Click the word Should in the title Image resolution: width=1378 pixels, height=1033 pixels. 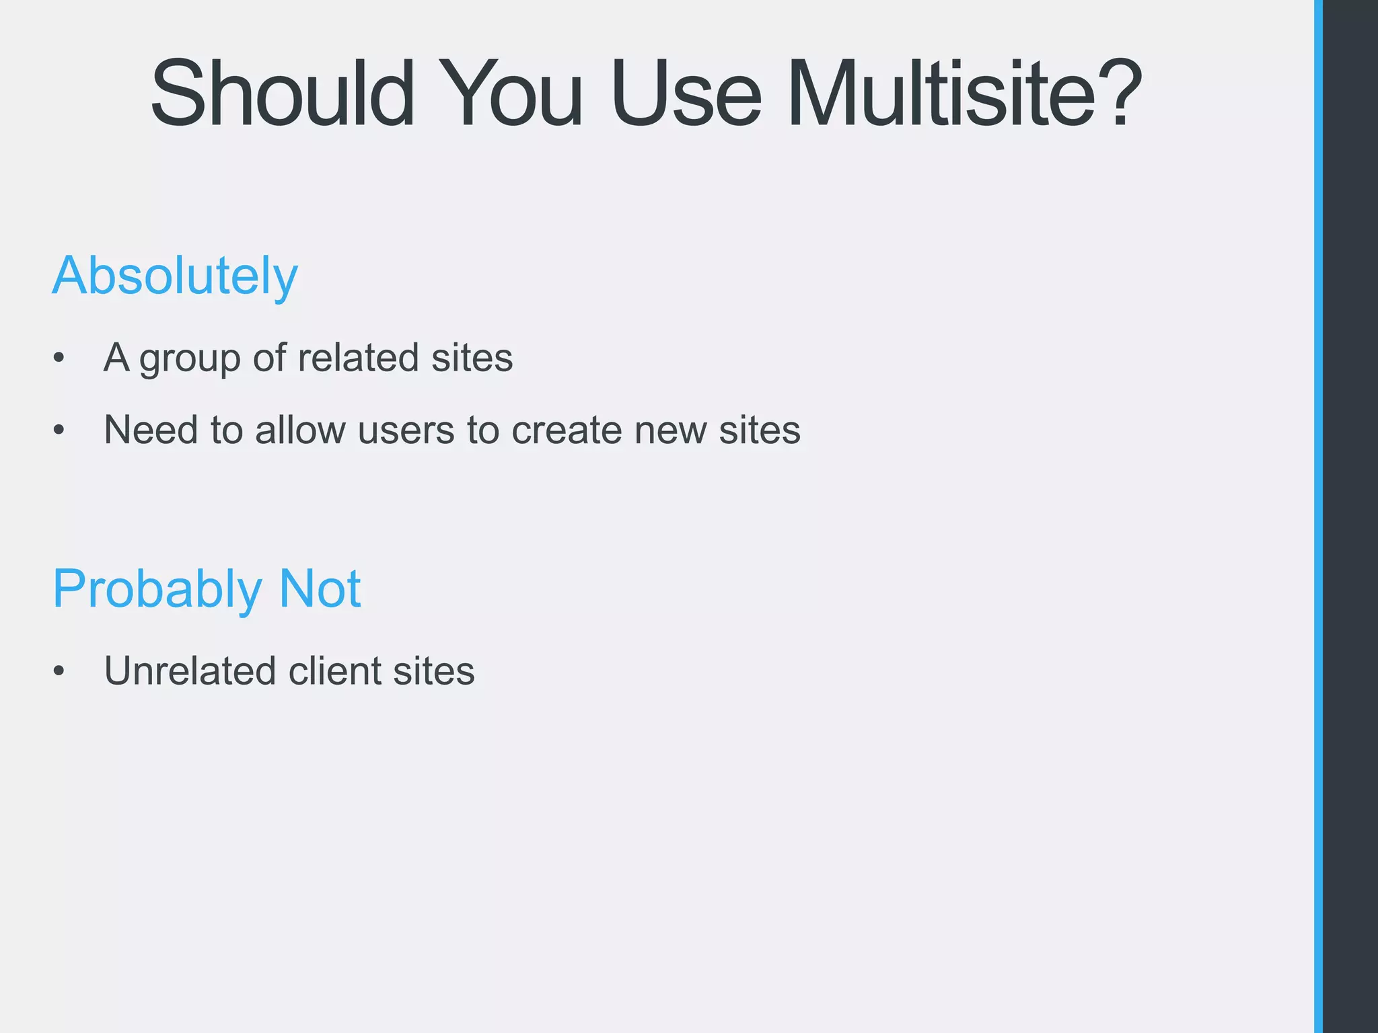[283, 94]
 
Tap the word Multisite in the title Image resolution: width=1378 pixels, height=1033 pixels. [942, 94]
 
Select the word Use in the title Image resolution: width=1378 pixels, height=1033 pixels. [686, 94]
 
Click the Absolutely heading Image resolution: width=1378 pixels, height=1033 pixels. [175, 276]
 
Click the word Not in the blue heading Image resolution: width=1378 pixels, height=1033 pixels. [320, 588]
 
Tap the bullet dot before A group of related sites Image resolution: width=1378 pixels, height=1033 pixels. [59, 358]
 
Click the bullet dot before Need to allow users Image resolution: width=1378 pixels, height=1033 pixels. [59, 430]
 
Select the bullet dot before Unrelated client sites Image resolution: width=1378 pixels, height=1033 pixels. [59, 671]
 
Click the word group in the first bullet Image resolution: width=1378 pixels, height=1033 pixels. [190, 359]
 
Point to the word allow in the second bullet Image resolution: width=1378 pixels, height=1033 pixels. [300, 430]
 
